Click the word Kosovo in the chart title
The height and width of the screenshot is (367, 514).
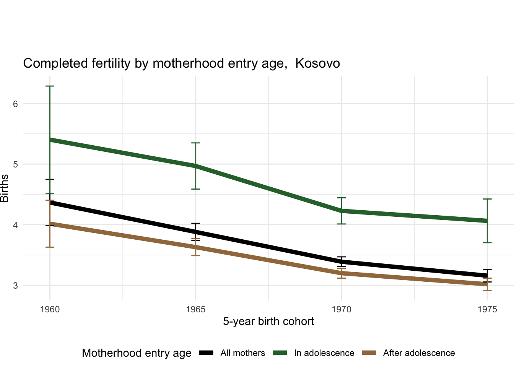tap(317, 63)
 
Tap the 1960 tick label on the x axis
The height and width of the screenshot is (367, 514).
tap(50, 309)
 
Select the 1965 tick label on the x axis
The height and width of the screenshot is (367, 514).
tap(195, 309)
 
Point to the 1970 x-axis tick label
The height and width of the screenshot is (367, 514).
tap(342, 309)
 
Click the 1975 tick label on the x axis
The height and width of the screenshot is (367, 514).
tap(487, 309)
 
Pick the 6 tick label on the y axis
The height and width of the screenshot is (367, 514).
tap(16, 104)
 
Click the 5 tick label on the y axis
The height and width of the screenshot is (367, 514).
tap(16, 164)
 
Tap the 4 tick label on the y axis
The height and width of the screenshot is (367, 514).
tap(16, 225)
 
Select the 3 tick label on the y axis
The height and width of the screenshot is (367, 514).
tap(16, 286)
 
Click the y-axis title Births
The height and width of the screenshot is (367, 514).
tap(5, 188)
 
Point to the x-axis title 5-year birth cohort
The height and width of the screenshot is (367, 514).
tap(268, 322)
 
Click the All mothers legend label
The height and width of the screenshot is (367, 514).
tap(242, 353)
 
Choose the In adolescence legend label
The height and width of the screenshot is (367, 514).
tap(324, 353)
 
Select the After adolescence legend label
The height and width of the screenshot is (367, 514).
tap(419, 353)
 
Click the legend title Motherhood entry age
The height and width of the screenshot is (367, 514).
tap(137, 353)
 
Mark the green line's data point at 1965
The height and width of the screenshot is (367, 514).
tap(195, 166)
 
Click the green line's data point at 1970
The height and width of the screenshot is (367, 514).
tap(342, 211)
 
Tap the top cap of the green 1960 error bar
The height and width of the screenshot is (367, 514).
tap(50, 86)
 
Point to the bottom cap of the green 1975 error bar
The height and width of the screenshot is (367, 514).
tap(487, 242)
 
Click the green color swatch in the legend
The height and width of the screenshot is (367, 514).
tap(280, 353)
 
